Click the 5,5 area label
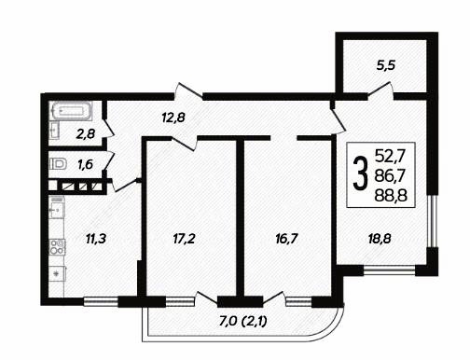385,66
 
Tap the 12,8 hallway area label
173,118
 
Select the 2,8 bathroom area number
86,134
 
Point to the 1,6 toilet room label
85,164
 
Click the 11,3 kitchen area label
96,239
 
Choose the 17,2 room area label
184,239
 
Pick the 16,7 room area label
286,239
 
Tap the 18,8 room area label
380,239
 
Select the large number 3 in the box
361,173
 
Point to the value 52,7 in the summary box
391,156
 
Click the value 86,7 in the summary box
391,176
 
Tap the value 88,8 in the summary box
391,196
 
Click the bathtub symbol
71,111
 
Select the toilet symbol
59,163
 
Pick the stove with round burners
58,246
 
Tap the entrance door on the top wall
188,92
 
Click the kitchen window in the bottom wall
101,300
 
